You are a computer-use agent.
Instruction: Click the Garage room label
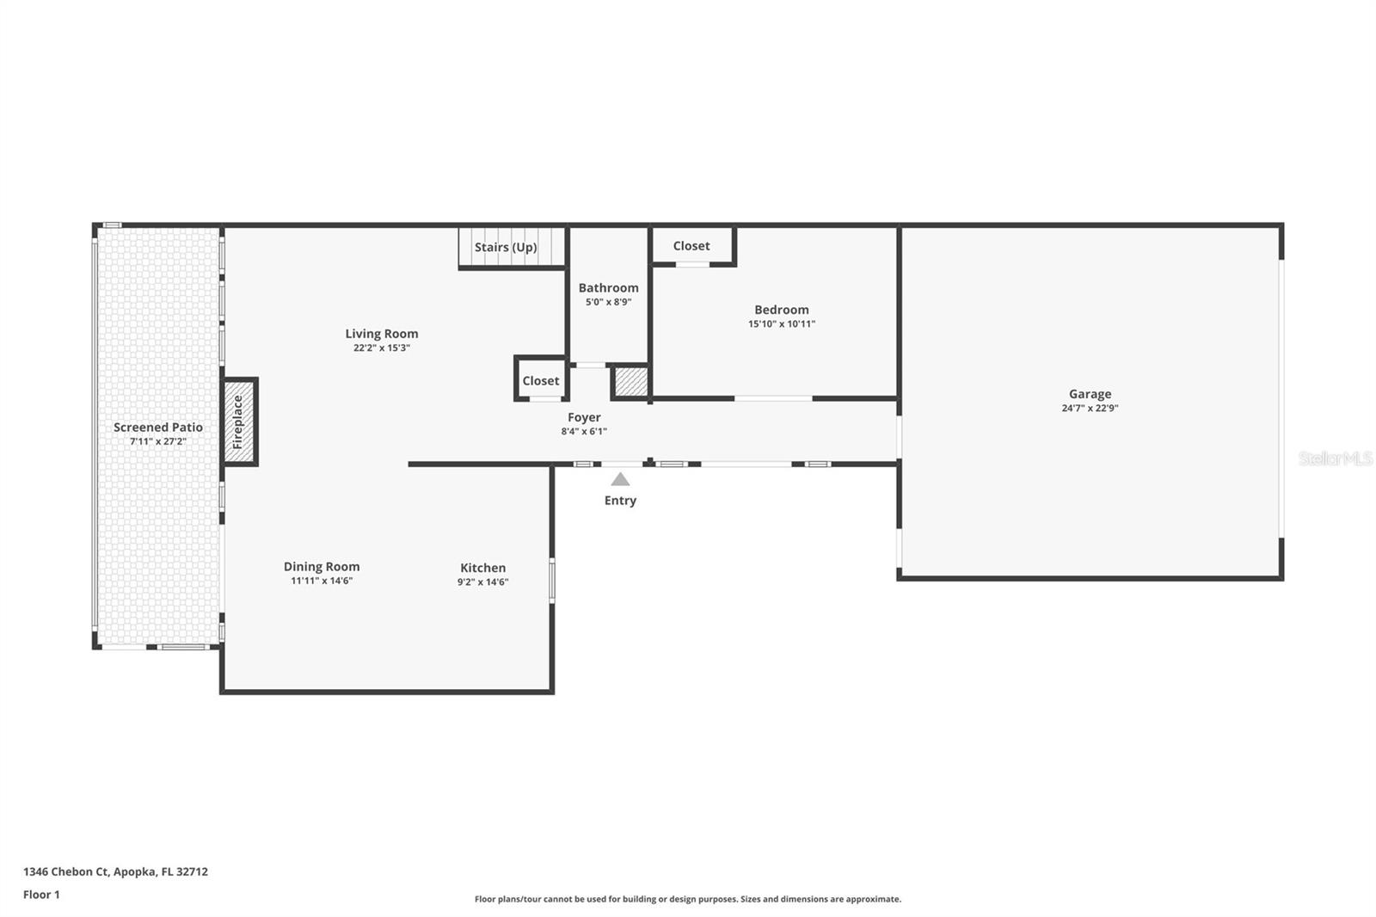[1090, 394]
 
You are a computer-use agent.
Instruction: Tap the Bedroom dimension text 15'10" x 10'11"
[781, 324]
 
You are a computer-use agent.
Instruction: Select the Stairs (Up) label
[506, 247]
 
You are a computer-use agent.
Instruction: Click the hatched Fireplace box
[239, 422]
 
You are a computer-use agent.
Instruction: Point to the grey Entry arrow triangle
[620, 480]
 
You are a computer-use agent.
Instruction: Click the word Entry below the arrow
[620, 501]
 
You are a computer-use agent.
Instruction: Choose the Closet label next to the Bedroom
[691, 246]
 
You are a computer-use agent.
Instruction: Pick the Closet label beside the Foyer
[541, 381]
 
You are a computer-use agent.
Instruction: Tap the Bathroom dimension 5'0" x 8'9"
[608, 302]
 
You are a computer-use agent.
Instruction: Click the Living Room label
[382, 334]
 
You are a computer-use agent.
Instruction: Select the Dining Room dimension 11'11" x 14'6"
[322, 581]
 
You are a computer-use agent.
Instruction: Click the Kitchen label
[482, 568]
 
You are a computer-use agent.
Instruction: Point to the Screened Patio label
[158, 428]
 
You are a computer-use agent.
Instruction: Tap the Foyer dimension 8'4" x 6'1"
[584, 432]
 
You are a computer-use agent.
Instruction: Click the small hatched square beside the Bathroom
[630, 382]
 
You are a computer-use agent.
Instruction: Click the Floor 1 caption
[41, 895]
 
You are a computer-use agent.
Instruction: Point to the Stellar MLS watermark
[1335, 459]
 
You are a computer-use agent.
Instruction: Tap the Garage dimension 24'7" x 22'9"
[1090, 409]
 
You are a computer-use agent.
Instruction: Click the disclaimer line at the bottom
[688, 899]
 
